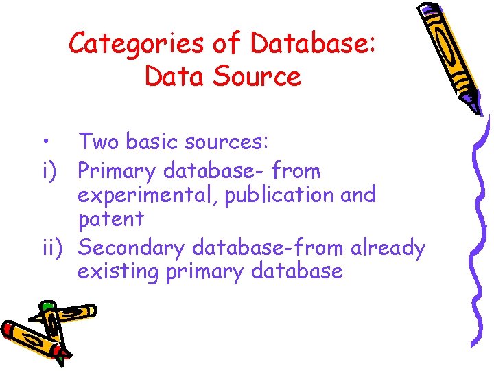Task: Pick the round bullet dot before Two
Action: [x=43, y=143]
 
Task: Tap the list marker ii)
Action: [x=53, y=247]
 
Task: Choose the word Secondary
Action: [x=132, y=247]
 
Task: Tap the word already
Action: [x=388, y=247]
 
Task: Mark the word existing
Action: [x=118, y=272]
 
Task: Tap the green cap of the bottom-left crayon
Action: [x=47, y=306]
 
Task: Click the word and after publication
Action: [x=358, y=195]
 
